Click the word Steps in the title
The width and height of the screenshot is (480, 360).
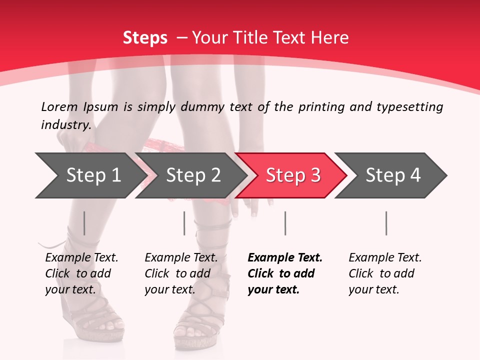(145, 38)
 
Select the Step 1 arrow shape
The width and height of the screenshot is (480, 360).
(90, 175)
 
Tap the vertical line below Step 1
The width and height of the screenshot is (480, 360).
(84, 223)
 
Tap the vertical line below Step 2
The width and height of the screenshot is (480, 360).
(184, 223)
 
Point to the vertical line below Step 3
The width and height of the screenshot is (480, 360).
(285, 223)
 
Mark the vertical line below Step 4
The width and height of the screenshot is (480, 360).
(386, 223)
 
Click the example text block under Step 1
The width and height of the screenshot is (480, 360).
(81, 273)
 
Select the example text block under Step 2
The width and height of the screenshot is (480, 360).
(181, 273)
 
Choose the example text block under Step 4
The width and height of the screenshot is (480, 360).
(385, 273)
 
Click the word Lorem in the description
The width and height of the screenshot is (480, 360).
(59, 107)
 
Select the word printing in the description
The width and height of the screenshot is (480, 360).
(320, 107)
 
